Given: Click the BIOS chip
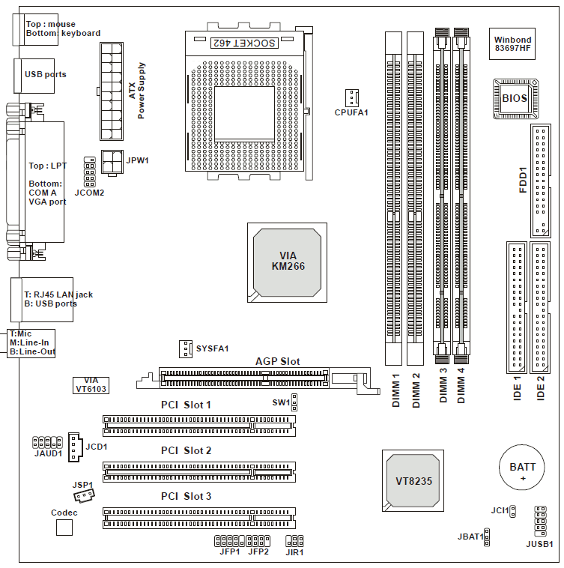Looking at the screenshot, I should coord(514,97).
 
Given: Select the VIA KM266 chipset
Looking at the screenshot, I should coord(288,261).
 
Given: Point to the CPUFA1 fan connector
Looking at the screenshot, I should coord(352,97).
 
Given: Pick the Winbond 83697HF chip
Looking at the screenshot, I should coord(512,44).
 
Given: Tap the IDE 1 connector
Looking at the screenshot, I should coord(516,307).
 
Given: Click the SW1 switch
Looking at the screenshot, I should coord(294,403).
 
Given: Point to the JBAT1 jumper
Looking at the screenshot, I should coord(486,537).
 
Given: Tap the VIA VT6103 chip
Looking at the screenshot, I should coord(91,384).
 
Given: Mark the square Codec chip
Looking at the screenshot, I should coord(65,527).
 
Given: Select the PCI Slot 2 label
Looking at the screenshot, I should coord(187,450).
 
